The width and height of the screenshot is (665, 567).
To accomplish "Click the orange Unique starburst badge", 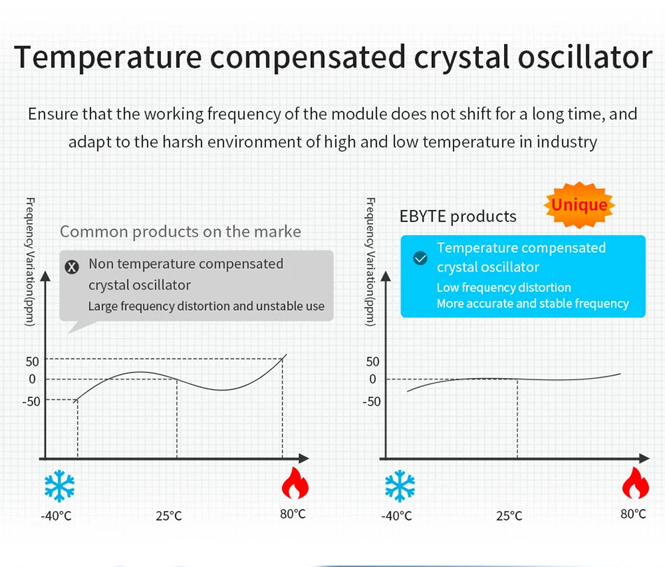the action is (x=580, y=205).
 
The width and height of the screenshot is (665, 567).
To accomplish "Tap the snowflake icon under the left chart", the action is (x=59, y=486).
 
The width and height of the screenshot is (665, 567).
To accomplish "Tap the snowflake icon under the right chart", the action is (x=400, y=486).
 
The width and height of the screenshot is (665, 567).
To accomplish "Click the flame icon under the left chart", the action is (x=295, y=483).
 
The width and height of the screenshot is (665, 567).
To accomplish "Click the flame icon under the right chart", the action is (x=636, y=483).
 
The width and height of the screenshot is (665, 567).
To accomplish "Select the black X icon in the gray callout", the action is (x=71, y=267).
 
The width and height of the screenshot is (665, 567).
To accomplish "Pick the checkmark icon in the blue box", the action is (x=420, y=258).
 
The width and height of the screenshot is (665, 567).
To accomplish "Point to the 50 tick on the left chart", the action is (x=32, y=362).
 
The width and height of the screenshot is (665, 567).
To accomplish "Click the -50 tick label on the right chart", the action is (x=372, y=401).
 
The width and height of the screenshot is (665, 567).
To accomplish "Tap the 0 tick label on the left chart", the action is (x=32, y=379).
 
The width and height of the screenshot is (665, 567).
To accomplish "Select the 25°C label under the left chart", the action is (x=169, y=516).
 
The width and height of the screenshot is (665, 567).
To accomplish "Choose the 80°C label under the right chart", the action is (x=633, y=514).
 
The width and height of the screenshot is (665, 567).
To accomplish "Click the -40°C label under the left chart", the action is (x=56, y=516).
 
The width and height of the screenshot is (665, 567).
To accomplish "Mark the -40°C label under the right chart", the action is (x=396, y=516).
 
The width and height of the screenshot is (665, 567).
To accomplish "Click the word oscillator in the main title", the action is (x=585, y=57).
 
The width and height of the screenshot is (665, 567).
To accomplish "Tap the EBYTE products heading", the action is (x=458, y=217).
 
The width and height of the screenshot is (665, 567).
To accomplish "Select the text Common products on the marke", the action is (x=180, y=232).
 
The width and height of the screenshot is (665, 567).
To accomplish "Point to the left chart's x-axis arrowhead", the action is (x=304, y=458).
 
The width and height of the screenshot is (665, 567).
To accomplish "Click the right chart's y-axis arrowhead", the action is (x=386, y=276).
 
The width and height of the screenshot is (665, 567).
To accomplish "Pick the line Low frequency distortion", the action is (x=504, y=288).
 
